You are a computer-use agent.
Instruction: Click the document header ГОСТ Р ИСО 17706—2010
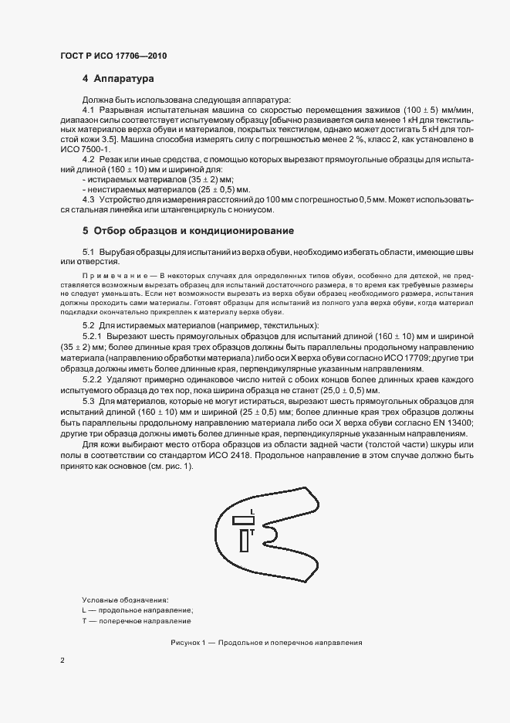point(113,56)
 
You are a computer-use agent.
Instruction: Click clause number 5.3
point(90,402)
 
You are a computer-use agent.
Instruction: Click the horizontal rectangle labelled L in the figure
point(243,521)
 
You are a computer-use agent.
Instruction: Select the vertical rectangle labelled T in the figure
point(245,541)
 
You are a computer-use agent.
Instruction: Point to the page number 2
point(62,662)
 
